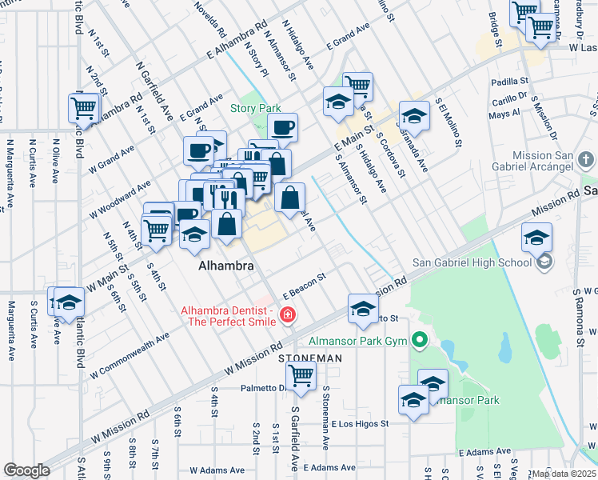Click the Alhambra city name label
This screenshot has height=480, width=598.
click(x=226, y=266)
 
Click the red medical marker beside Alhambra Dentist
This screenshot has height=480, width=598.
click(x=287, y=317)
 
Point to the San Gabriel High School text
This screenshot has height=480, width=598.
click(x=472, y=262)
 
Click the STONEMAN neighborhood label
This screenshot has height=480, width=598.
click(x=303, y=358)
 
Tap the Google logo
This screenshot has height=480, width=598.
click(x=26, y=470)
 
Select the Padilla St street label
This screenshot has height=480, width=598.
click(x=511, y=82)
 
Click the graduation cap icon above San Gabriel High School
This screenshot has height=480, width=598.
click(x=536, y=236)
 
